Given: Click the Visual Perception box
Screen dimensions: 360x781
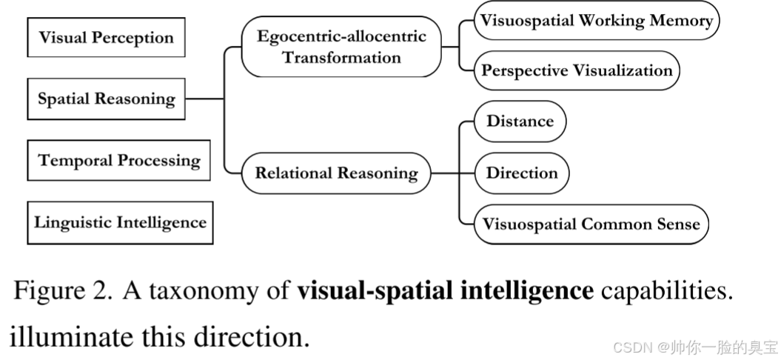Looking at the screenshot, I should tap(106, 37).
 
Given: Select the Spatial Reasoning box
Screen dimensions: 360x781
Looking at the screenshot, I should tap(106, 99).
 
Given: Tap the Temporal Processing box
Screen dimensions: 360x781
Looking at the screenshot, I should tap(119, 160).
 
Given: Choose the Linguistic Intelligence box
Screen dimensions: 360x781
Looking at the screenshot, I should tap(120, 222).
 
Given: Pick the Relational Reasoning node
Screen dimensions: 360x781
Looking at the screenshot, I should tap(336, 173).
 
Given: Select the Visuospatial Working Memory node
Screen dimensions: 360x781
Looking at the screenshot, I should tap(596, 21).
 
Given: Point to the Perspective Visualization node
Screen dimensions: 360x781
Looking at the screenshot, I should tap(577, 70).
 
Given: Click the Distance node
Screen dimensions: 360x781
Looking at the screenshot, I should tap(520, 121).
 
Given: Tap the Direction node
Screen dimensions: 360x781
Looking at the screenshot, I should tap(521, 173).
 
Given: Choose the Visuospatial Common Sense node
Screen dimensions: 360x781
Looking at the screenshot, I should tap(591, 224).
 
